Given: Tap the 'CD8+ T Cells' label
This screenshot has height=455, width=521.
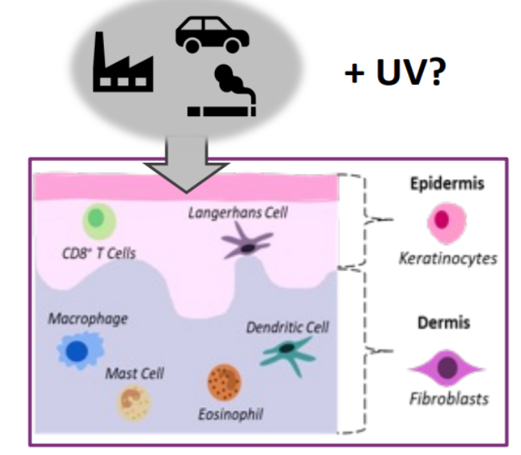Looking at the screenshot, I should [99, 253].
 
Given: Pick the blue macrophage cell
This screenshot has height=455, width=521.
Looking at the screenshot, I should [79, 350].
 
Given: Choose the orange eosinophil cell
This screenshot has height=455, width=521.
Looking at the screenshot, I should [224, 382].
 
